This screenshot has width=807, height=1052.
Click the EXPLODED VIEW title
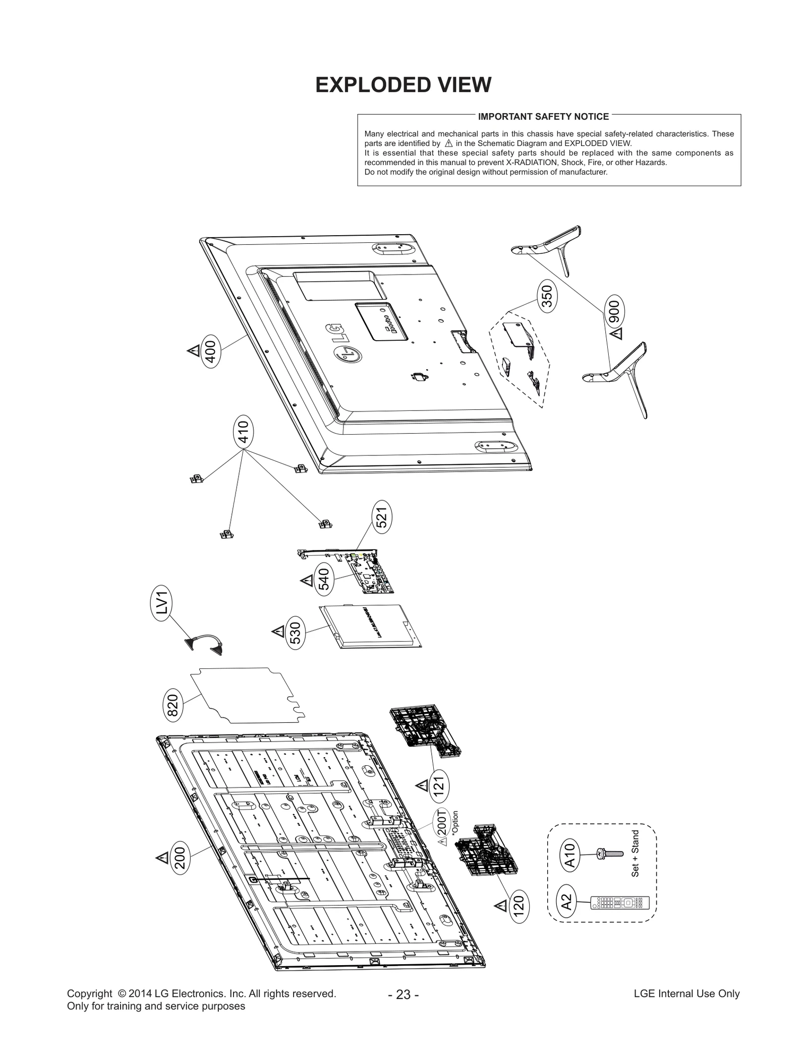point(403,85)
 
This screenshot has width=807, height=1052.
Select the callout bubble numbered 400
point(210,351)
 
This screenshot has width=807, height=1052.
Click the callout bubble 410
point(243,432)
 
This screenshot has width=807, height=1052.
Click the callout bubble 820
point(173,706)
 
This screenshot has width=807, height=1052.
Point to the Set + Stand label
point(635,854)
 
